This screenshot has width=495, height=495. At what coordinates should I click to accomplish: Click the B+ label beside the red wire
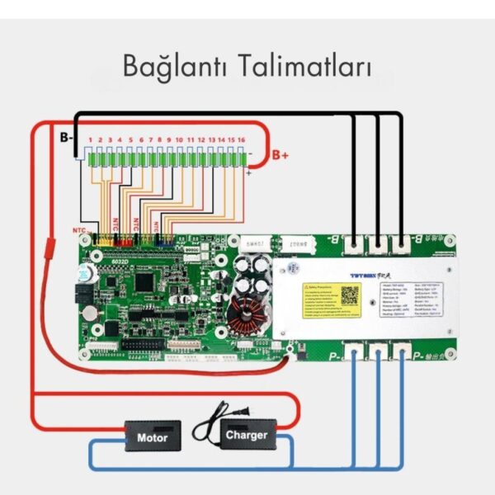[280, 154]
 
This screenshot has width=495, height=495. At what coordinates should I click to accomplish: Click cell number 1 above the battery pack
[90, 140]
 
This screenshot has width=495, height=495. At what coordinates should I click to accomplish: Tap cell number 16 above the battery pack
[242, 140]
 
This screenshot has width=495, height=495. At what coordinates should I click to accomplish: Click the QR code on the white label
[351, 294]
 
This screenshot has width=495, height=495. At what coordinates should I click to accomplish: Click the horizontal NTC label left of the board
[79, 231]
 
